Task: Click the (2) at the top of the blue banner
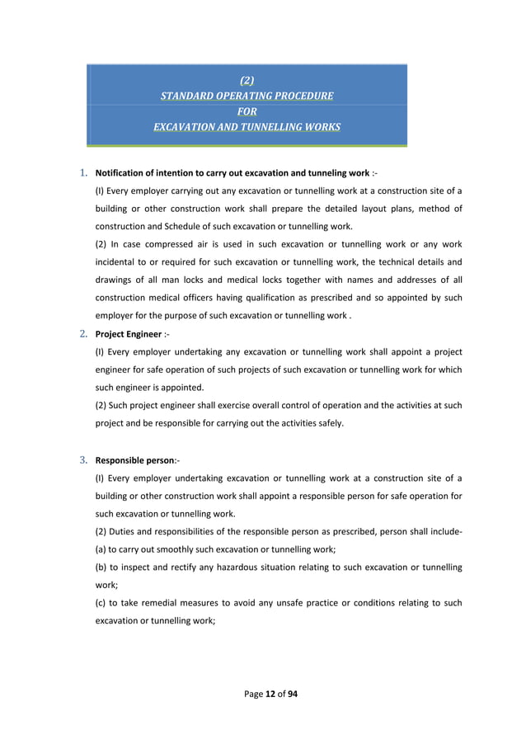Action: (247, 81)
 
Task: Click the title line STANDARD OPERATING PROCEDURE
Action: (247, 96)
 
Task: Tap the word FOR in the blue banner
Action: (247, 111)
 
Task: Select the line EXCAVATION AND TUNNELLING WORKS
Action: (247, 127)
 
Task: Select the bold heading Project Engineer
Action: (127, 335)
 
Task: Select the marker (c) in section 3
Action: (101, 603)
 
